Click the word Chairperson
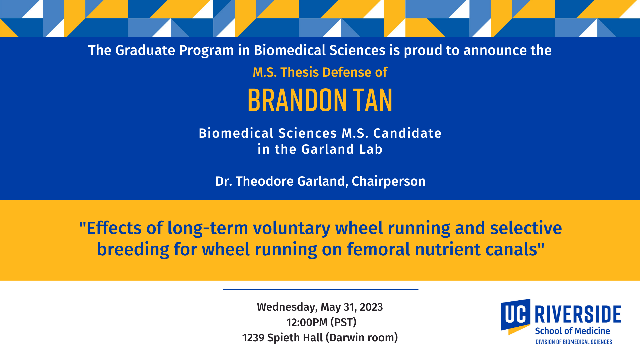pyautogui.click(x=389, y=181)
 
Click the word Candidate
pyautogui.click(x=407, y=133)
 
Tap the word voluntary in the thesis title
pyautogui.click(x=292, y=228)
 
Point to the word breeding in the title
pyautogui.click(x=133, y=249)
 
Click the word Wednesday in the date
pyautogui.click(x=287, y=307)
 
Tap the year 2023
pyautogui.click(x=371, y=307)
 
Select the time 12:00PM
pyautogui.click(x=307, y=322)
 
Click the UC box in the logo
pyautogui.click(x=515, y=315)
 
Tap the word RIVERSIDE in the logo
pyautogui.click(x=578, y=314)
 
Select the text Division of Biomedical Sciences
pyautogui.click(x=574, y=342)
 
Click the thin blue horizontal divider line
pyautogui.click(x=320, y=290)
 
